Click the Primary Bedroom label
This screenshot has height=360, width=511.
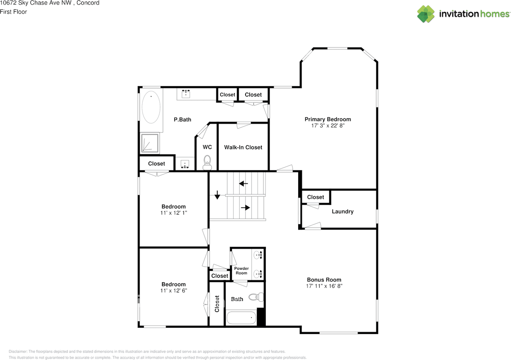pyautogui.click(x=328, y=119)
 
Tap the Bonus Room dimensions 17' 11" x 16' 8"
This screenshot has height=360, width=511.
pyautogui.click(x=324, y=286)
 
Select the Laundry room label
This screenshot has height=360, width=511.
pyautogui.click(x=343, y=212)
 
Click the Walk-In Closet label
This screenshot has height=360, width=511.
pyautogui.click(x=243, y=147)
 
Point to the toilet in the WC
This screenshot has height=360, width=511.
pyautogui.click(x=207, y=161)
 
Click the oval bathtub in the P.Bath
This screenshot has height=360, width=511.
pyautogui.click(x=151, y=108)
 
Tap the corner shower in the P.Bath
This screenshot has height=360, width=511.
pyautogui.click(x=150, y=143)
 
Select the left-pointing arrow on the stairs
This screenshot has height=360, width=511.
pyautogui.click(x=243, y=184)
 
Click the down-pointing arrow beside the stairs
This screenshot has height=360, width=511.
pyautogui.click(x=217, y=195)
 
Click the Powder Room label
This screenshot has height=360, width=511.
pyautogui.click(x=242, y=271)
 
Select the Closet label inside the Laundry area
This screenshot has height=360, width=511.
pyautogui.click(x=315, y=197)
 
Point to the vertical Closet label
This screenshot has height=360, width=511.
pyautogui.click(x=217, y=304)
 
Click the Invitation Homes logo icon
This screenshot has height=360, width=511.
pyautogui.click(x=426, y=14)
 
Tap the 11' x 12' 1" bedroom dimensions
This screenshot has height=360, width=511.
pyautogui.click(x=173, y=213)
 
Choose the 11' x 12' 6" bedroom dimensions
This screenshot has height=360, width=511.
pyautogui.click(x=173, y=291)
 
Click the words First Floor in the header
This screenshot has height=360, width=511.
pyautogui.click(x=14, y=12)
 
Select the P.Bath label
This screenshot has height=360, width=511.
pyautogui.click(x=182, y=119)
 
